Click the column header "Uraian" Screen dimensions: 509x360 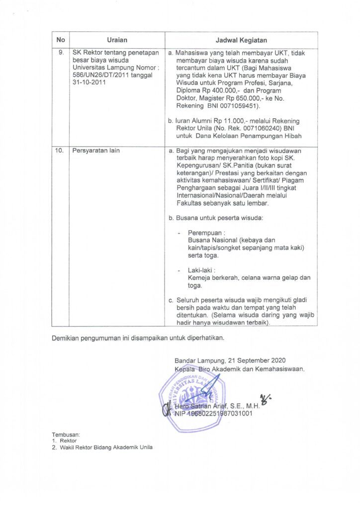click(x=117, y=40)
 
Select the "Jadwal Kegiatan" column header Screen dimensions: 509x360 click(x=241, y=40)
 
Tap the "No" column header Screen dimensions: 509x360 click(x=61, y=40)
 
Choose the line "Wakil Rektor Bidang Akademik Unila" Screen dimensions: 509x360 click(x=105, y=447)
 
